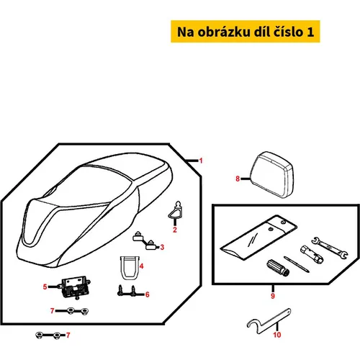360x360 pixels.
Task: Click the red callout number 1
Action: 201,161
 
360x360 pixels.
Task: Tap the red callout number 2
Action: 175,230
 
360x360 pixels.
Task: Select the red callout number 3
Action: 162,247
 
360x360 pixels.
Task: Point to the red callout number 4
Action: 142,266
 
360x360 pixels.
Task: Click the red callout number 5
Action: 45,287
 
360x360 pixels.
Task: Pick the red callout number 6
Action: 148,294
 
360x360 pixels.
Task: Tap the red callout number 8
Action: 238,179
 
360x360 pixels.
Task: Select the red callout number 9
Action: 273,296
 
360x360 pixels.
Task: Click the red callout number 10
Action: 277,335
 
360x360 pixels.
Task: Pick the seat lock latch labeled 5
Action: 76,287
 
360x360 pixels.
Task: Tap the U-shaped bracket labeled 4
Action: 130,268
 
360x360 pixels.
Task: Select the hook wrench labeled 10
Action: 269,321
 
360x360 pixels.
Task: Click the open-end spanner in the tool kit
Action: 330,248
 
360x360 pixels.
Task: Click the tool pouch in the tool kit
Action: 258,238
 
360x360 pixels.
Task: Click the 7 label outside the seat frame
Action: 68,335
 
